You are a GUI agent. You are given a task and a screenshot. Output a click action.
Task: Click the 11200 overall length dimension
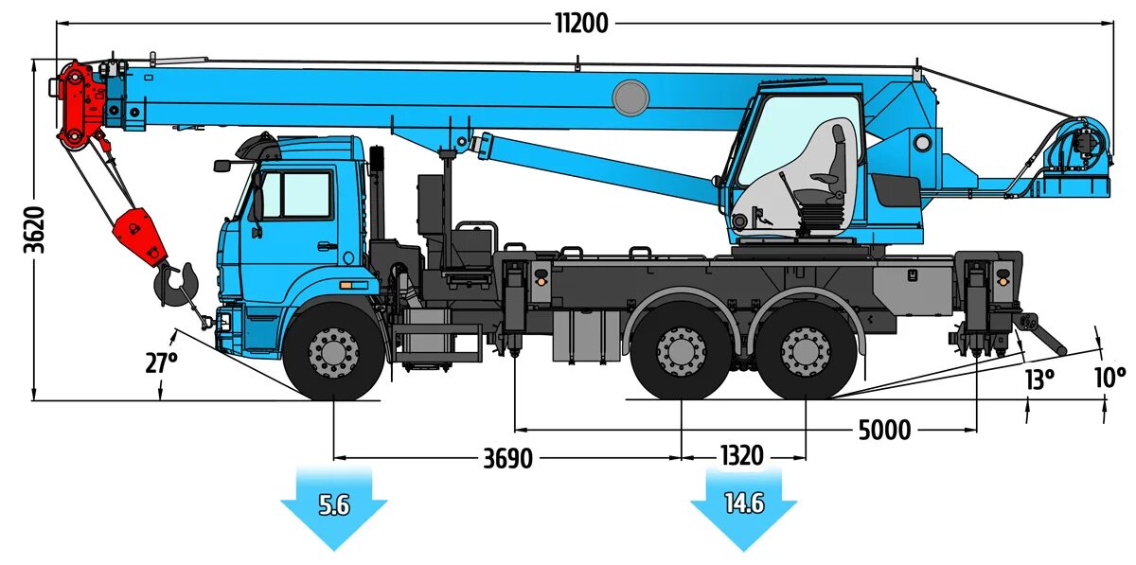[x=581, y=24]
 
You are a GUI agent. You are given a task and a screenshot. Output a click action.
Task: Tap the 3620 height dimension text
[x=35, y=229]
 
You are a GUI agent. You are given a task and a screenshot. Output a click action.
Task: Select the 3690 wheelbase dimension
[x=508, y=459]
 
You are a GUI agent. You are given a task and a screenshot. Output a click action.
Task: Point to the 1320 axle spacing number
[x=741, y=455]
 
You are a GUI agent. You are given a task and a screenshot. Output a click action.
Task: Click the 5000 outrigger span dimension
[x=884, y=431]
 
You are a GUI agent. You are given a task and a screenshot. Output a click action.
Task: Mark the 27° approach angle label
[x=162, y=362]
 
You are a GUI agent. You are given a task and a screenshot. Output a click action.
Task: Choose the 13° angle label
[x=1038, y=380]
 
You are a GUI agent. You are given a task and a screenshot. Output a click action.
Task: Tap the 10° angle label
[x=1109, y=377]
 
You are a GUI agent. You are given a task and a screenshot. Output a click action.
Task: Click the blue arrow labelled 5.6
[x=334, y=506]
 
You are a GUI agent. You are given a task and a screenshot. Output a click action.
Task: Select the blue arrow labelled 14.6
[x=744, y=504]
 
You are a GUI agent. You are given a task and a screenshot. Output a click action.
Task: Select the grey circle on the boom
[x=630, y=97]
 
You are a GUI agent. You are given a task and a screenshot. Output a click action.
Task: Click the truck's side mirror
[x=222, y=166]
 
